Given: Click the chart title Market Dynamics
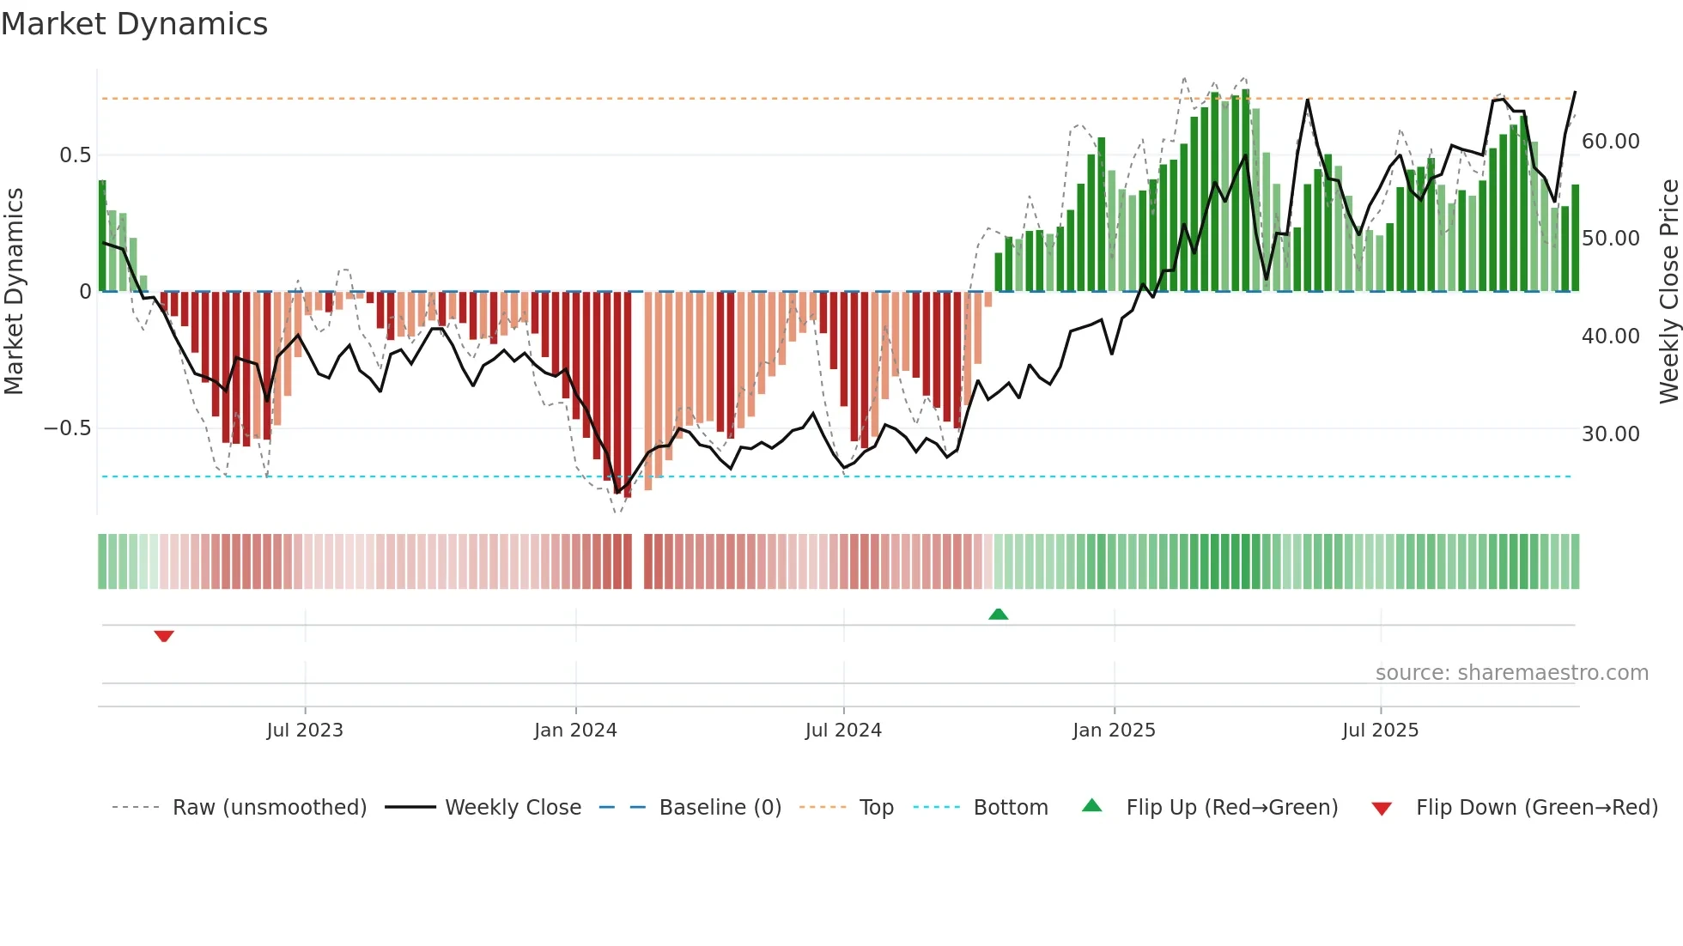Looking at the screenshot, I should click(134, 24).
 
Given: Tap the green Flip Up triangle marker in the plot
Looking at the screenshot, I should click(998, 614).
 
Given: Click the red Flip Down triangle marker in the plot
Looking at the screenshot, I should click(164, 636).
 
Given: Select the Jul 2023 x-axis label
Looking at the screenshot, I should click(304, 731).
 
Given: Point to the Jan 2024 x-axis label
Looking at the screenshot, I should click(574, 731).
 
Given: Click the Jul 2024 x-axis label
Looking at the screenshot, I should click(842, 731).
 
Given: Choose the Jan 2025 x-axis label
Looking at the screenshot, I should click(1113, 731).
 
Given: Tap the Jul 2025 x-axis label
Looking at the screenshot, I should click(1380, 731).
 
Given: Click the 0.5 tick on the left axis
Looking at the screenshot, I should click(75, 155).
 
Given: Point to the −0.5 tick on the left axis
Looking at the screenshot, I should click(67, 428).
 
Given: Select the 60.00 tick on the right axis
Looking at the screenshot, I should click(1610, 142).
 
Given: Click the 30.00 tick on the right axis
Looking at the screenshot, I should click(1610, 434).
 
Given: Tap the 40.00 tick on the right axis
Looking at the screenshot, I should click(1610, 337).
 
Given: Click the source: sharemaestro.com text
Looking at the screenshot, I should click(1511, 673).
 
